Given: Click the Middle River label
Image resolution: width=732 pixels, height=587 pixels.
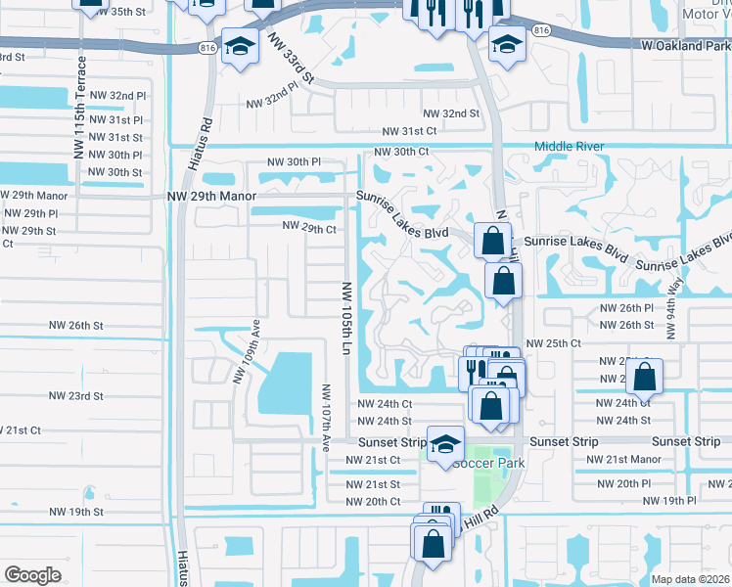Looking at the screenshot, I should coord(569,147).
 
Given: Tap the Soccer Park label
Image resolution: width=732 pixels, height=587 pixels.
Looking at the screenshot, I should coord(488,463).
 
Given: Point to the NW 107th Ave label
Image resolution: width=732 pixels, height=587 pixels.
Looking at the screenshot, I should coord(326,417).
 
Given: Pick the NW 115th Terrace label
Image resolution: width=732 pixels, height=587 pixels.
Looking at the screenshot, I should coord(80,108).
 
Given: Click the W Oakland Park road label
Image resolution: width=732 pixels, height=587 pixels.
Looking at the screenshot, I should coord(672,45).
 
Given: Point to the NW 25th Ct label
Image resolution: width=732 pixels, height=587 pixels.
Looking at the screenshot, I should coord(553,343).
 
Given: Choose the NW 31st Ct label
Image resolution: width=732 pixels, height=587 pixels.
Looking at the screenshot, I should coord(409,131).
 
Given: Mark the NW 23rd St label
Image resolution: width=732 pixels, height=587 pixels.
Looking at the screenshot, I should coord(76,396).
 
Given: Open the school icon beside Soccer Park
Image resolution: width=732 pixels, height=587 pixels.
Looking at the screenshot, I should coord(445,445).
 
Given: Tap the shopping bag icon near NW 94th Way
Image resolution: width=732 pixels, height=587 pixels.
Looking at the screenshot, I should coord(645,378).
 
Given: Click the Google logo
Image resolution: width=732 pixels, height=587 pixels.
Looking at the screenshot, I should coord(32,575).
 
